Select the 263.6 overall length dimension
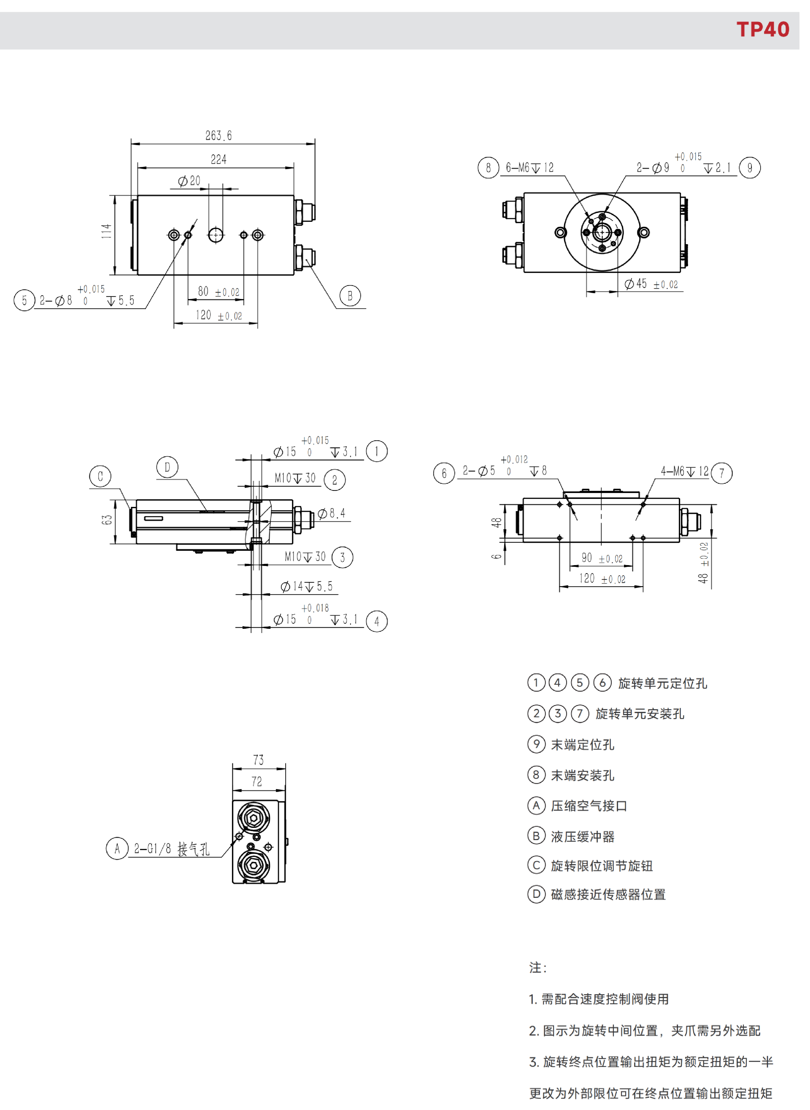[219, 135]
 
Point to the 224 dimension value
[219, 159]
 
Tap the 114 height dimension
[106, 231]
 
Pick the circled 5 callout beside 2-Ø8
[24, 300]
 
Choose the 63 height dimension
[107, 520]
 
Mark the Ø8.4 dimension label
[332, 513]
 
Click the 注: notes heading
[538, 967]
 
